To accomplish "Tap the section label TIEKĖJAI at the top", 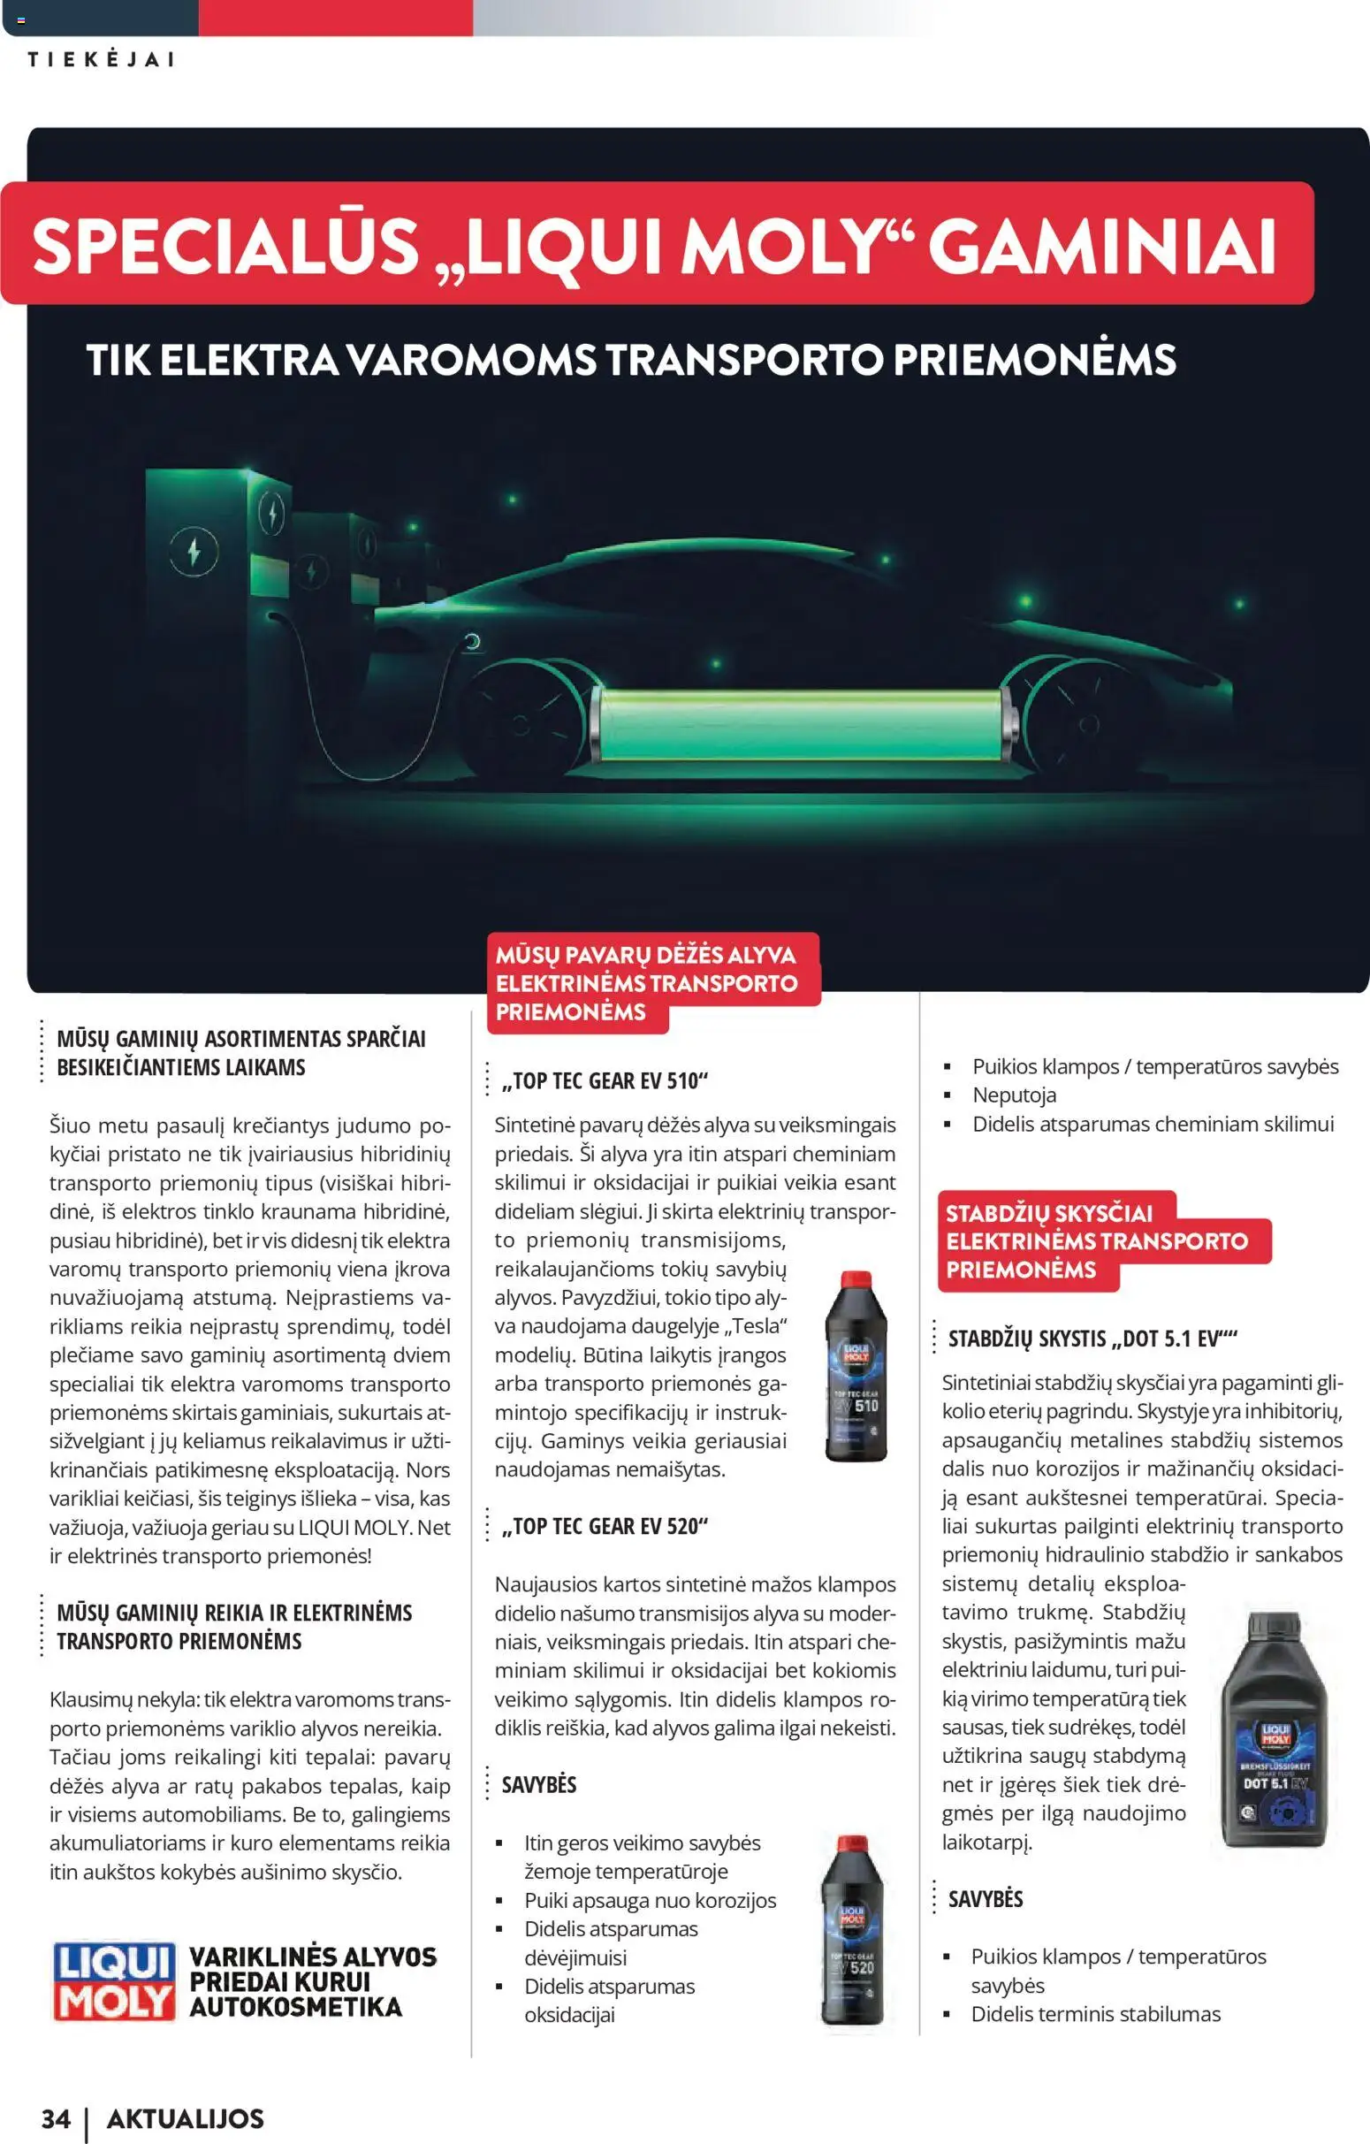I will [101, 59].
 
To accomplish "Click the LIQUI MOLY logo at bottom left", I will [113, 1981].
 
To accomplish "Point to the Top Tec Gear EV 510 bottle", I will [856, 1366].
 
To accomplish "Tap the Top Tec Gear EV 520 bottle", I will [852, 1929].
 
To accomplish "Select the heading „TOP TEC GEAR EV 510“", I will [605, 1081].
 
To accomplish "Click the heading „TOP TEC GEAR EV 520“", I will [605, 1526].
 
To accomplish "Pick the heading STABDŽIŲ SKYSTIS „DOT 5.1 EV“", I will [1092, 1339].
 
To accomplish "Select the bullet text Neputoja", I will [1014, 1095].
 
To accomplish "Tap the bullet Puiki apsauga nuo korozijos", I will [650, 1900].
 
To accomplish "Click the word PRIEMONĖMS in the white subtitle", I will [1033, 360].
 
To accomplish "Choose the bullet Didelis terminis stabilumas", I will [1095, 2014].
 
